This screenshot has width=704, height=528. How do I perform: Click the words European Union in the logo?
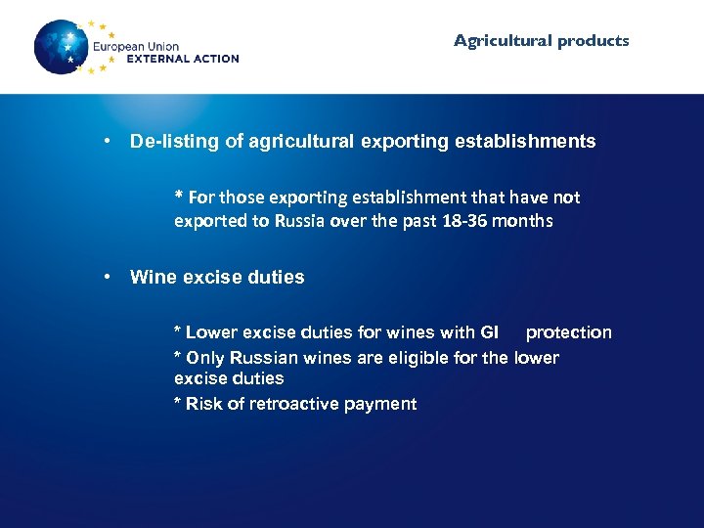pyautogui.click(x=136, y=46)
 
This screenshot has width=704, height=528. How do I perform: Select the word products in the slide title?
pyautogui.click(x=594, y=41)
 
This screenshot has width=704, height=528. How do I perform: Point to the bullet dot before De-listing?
pyautogui.click(x=113, y=142)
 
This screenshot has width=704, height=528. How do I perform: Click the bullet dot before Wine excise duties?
pyautogui.click(x=113, y=278)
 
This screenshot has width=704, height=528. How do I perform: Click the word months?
pyautogui.click(x=522, y=221)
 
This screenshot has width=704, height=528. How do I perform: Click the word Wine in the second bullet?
pyautogui.click(x=152, y=278)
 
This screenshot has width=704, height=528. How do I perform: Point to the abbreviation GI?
pyautogui.click(x=490, y=332)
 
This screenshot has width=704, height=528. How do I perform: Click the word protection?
pyautogui.click(x=568, y=332)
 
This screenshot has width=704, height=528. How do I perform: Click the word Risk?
pyautogui.click(x=203, y=404)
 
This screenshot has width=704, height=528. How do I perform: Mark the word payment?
pyautogui.click(x=384, y=404)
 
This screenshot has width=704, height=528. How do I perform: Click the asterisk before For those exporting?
pyautogui.click(x=179, y=196)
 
